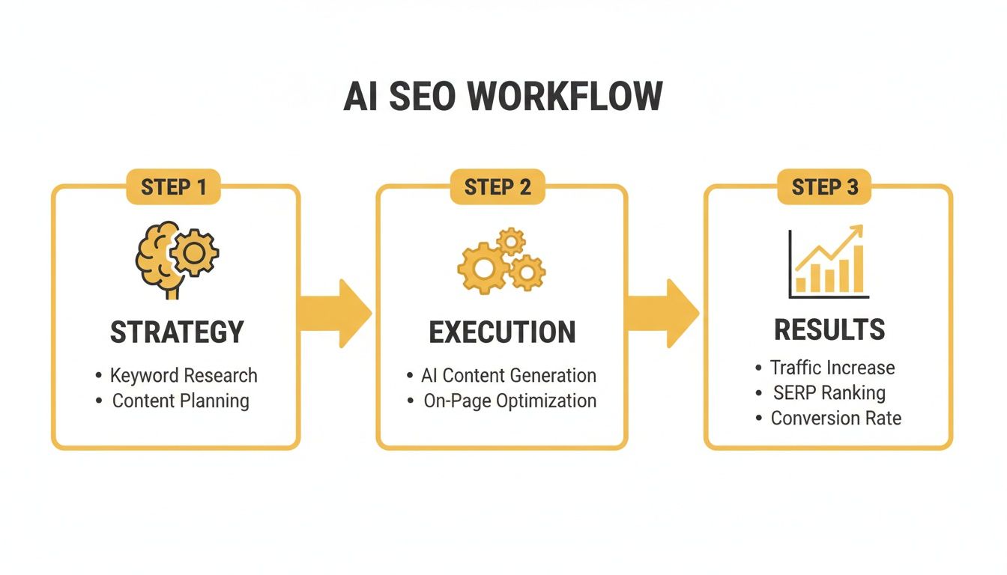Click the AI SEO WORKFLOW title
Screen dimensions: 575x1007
(x=503, y=97)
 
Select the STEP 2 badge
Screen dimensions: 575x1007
(x=498, y=186)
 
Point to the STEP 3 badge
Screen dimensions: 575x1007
(x=825, y=186)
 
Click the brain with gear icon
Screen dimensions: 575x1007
(x=177, y=257)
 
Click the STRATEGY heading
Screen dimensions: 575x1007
(x=177, y=332)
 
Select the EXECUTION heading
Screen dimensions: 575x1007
(x=502, y=332)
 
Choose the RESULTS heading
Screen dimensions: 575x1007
(x=829, y=330)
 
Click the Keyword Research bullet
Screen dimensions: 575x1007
(x=184, y=375)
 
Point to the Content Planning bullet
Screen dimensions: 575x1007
(x=181, y=401)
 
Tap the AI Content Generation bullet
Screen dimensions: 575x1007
(x=509, y=375)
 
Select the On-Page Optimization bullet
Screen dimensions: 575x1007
(x=509, y=401)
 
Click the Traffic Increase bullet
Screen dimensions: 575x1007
(x=832, y=368)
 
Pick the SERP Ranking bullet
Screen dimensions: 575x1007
(x=829, y=392)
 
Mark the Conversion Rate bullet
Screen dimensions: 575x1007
(x=835, y=418)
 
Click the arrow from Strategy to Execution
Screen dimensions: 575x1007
(x=336, y=313)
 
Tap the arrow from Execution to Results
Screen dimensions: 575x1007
(x=662, y=313)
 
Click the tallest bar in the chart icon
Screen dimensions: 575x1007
(x=858, y=269)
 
